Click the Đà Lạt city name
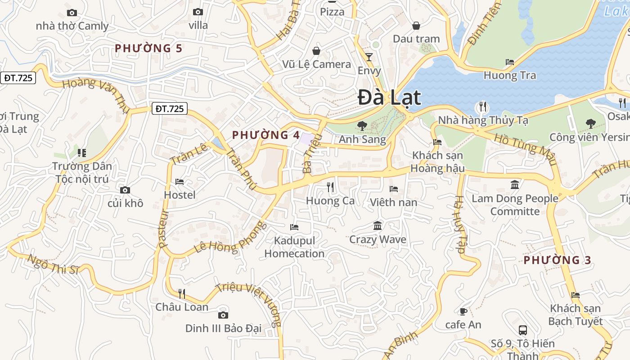pyautogui.click(x=389, y=98)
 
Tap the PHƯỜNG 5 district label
pyautogui.click(x=148, y=48)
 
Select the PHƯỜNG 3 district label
pyautogui.click(x=557, y=260)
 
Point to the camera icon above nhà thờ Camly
pyautogui.click(x=72, y=13)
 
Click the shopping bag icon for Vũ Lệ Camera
pyautogui.click(x=316, y=50)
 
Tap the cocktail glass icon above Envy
pyautogui.click(x=369, y=57)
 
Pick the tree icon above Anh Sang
pyautogui.click(x=362, y=126)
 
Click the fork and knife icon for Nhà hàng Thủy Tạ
pyautogui.click(x=483, y=107)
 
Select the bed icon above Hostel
pyautogui.click(x=180, y=182)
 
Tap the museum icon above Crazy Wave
pyautogui.click(x=378, y=225)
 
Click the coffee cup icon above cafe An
pyautogui.click(x=463, y=311)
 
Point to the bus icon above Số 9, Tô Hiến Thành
pyautogui.click(x=522, y=330)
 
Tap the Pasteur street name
pyautogui.click(x=163, y=229)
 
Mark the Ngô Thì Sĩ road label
pyautogui.click(x=53, y=265)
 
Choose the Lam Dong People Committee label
pyautogui.click(x=515, y=205)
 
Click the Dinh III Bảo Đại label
pyautogui.click(x=223, y=328)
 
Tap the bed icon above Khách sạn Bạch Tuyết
pyautogui.click(x=575, y=295)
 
